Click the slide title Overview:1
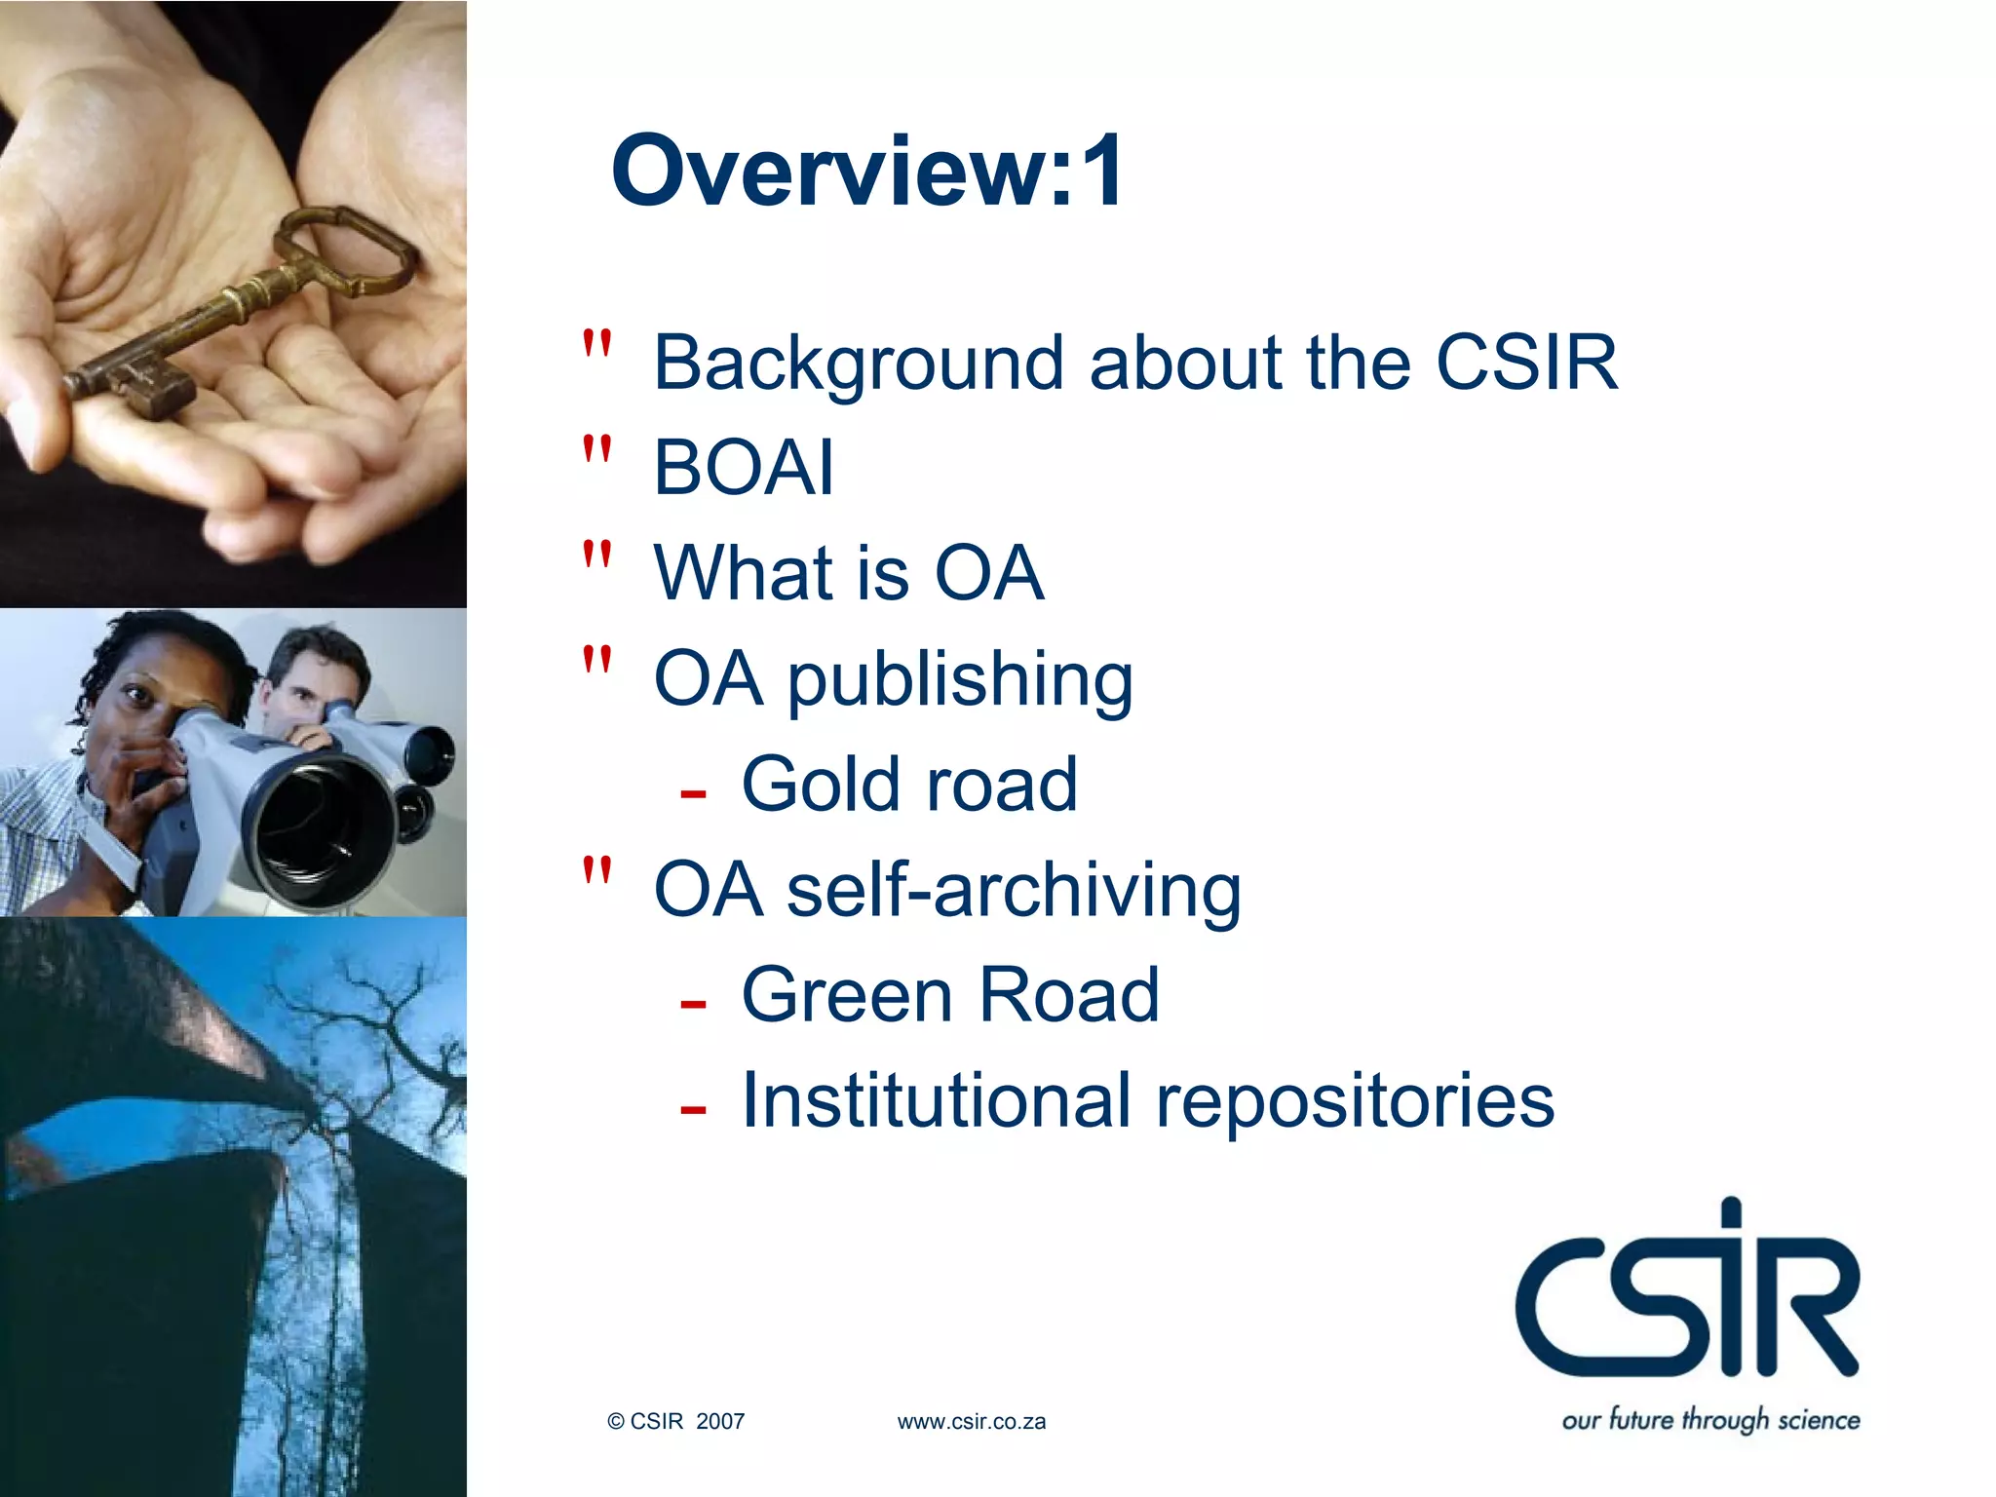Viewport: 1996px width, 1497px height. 867,172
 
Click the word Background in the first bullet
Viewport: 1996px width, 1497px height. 858,363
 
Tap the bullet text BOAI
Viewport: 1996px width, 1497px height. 744,468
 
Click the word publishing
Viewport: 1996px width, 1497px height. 960,679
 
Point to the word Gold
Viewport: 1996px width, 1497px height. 821,784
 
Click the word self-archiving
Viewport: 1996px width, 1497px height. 1014,890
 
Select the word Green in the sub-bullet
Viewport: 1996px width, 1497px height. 847,995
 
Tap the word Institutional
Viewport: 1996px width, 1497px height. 936,1100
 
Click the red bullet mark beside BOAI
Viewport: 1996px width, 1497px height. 596,450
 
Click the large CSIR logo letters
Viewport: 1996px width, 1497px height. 1686,1296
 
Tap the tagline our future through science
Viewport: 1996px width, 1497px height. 1710,1420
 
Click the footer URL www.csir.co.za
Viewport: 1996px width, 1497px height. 971,1422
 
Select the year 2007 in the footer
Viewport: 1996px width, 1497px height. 720,1422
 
